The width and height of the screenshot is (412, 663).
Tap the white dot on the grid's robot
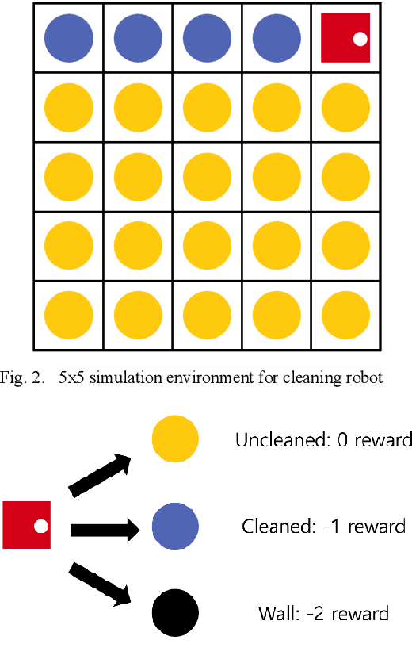click(360, 38)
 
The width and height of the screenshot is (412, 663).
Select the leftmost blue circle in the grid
click(68, 37)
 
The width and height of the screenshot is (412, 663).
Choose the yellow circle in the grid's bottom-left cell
click(68, 315)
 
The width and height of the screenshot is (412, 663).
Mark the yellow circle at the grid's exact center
click(207, 176)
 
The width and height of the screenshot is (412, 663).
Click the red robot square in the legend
click(27, 525)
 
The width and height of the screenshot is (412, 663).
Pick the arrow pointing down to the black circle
click(100, 581)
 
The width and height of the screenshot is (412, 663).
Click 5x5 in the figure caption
click(71, 377)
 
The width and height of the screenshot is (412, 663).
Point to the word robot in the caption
click(364, 377)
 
